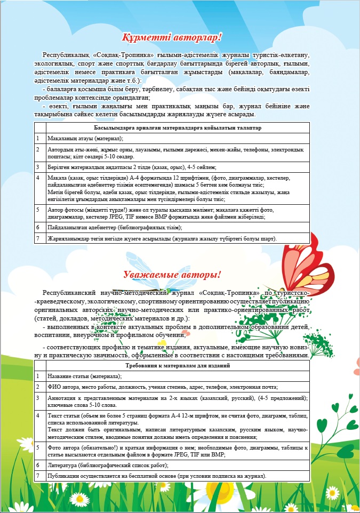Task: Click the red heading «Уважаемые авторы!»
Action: click(x=171, y=275)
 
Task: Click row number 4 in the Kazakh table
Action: click(x=39, y=177)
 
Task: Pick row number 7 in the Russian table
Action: click(x=39, y=476)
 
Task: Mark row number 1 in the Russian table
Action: click(x=39, y=376)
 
